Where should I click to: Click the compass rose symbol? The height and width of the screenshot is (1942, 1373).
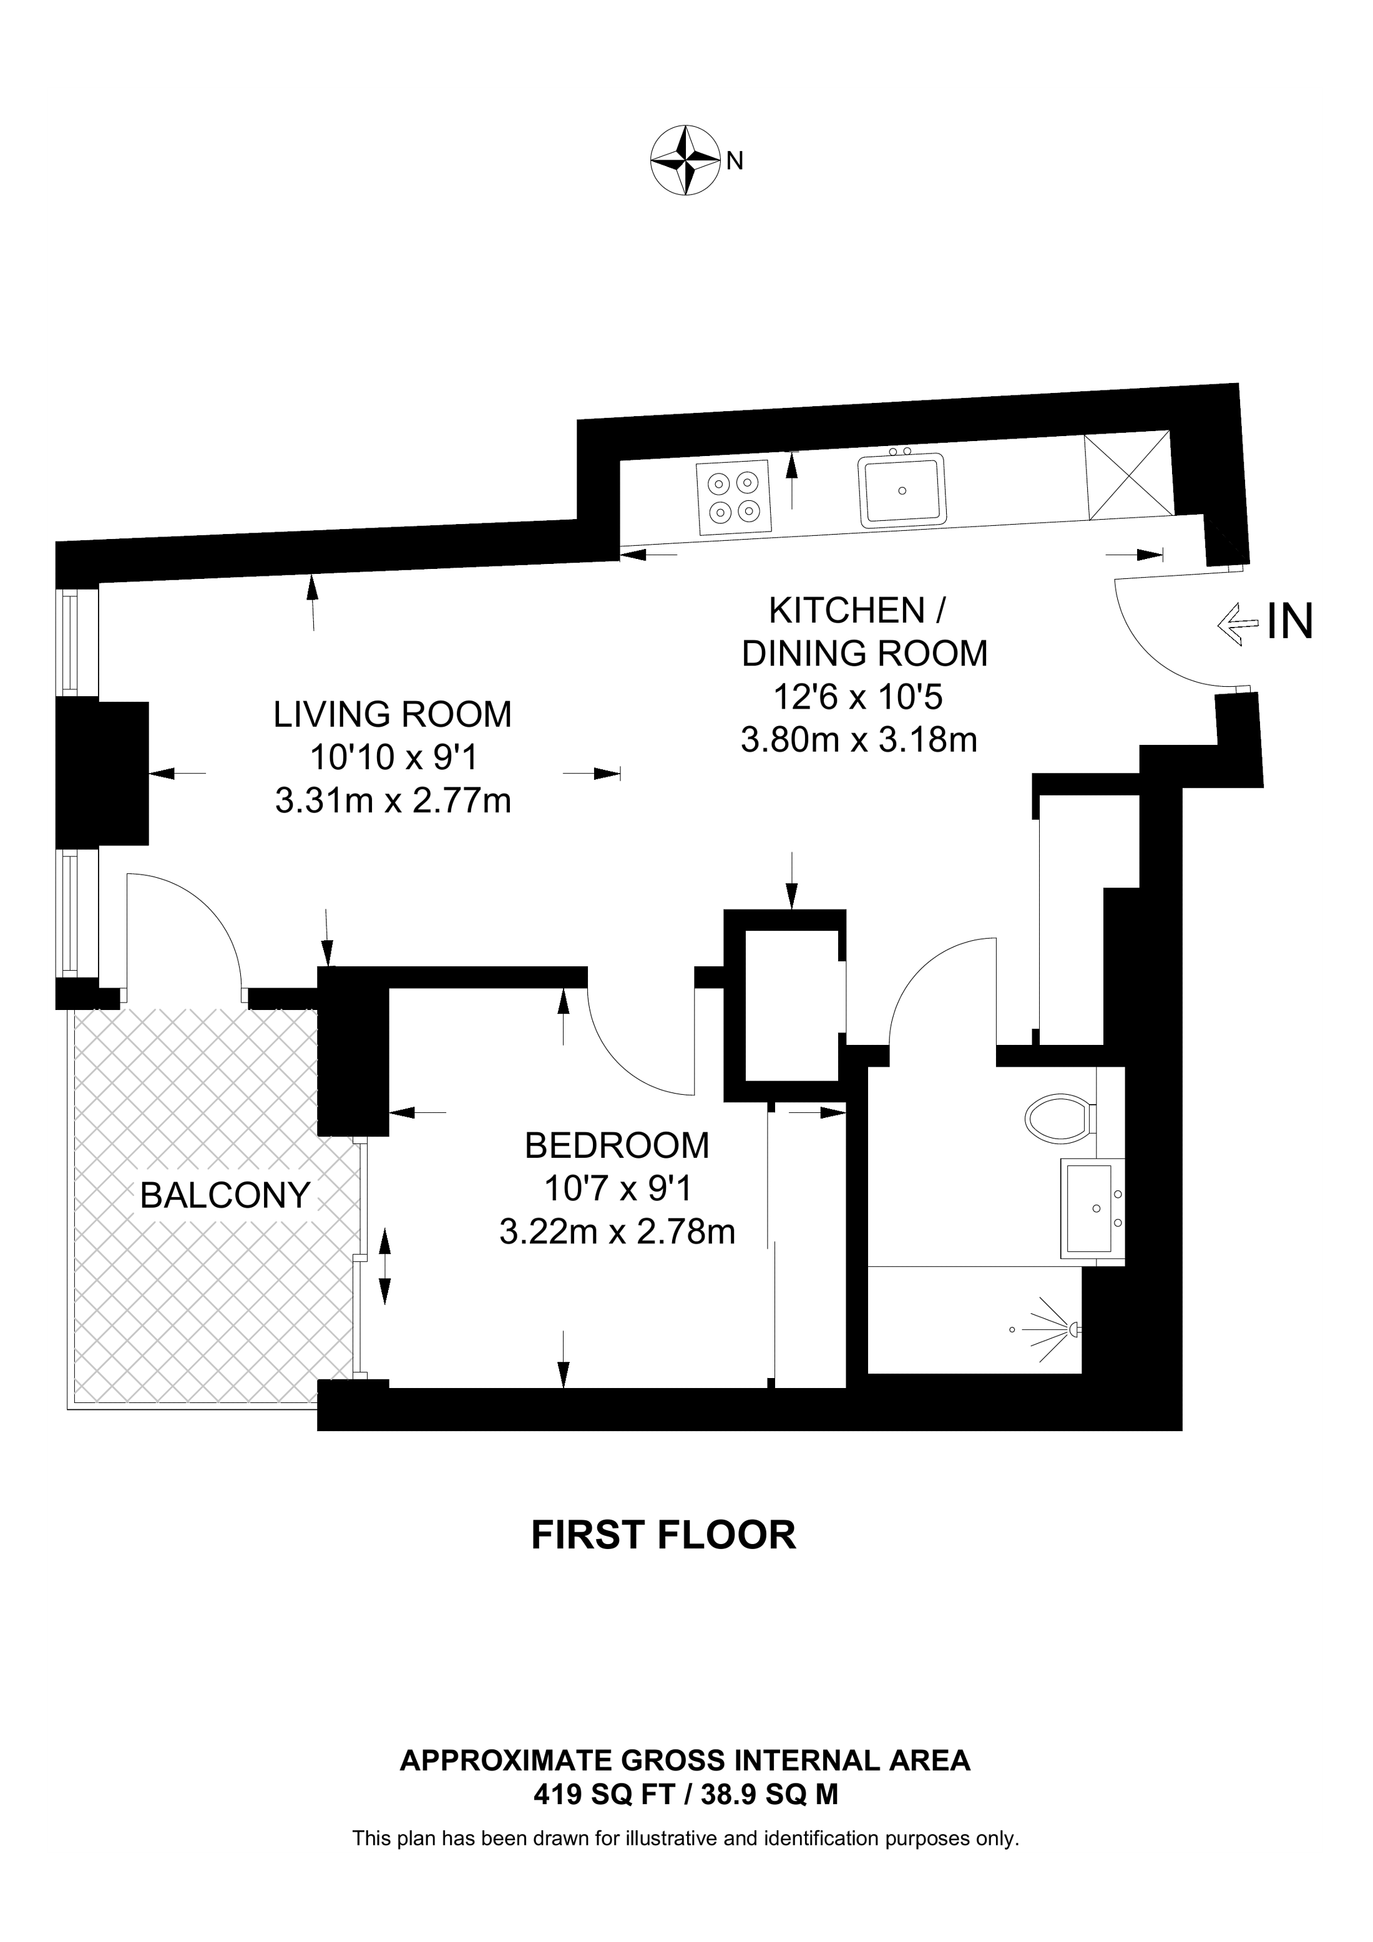[x=685, y=161]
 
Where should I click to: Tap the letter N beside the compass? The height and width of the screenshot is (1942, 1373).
[x=735, y=161]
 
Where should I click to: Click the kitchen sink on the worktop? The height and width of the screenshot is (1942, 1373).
[x=902, y=490]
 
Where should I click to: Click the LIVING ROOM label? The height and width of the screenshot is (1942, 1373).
[x=393, y=715]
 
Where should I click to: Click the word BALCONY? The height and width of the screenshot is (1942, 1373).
[x=225, y=1195]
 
